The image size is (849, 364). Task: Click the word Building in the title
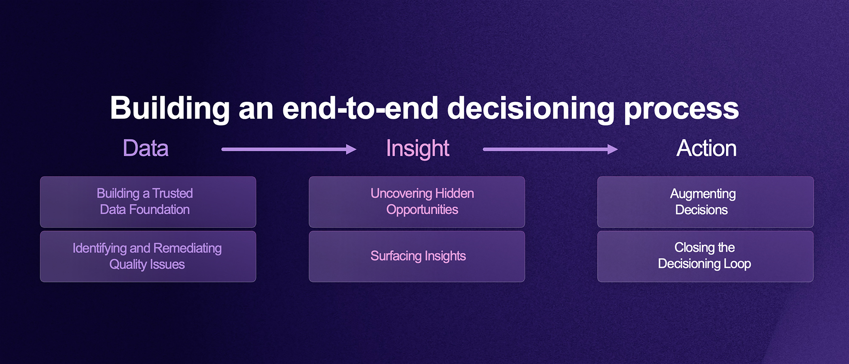tap(170, 108)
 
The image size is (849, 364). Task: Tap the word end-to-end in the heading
tap(360, 108)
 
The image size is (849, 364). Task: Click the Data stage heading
tap(146, 148)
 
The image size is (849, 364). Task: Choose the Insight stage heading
tap(417, 148)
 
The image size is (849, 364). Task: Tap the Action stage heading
tap(706, 148)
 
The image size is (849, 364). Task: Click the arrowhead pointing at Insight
tap(351, 149)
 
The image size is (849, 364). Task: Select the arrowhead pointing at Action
tap(613, 149)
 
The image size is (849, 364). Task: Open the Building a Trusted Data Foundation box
tap(148, 202)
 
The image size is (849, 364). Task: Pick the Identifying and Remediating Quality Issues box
tap(148, 256)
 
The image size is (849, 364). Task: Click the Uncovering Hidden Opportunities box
tap(417, 202)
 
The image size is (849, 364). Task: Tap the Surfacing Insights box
tap(417, 256)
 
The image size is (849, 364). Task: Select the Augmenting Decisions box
tap(705, 202)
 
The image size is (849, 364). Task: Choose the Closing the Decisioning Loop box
tap(705, 256)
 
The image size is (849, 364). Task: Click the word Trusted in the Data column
tap(172, 193)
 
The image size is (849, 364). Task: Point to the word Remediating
tap(188, 249)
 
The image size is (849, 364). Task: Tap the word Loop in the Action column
tap(737, 264)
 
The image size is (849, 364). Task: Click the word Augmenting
tap(703, 195)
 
